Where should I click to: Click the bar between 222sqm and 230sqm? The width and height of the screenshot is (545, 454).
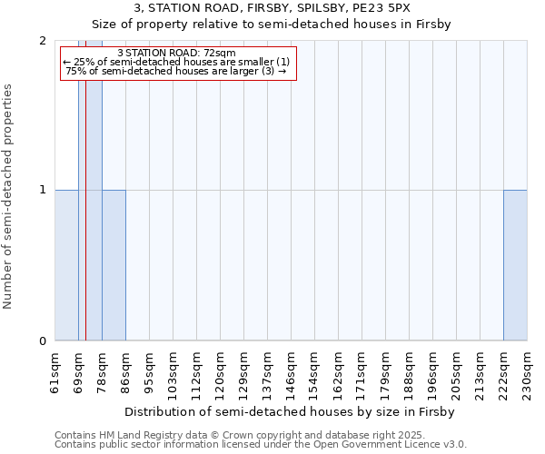[x=515, y=265]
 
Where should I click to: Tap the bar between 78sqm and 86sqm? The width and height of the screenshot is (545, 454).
[x=114, y=265]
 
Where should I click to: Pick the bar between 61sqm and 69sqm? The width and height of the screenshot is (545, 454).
[x=66, y=265]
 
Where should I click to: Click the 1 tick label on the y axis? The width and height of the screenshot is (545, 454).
[x=43, y=190]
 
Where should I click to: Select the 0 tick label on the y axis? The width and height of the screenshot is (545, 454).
[x=43, y=341]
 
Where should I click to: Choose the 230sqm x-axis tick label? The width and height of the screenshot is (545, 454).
[x=527, y=373]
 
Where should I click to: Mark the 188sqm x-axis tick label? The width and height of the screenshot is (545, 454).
[x=409, y=373]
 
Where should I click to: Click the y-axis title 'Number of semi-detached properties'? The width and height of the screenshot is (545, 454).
[x=9, y=197]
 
